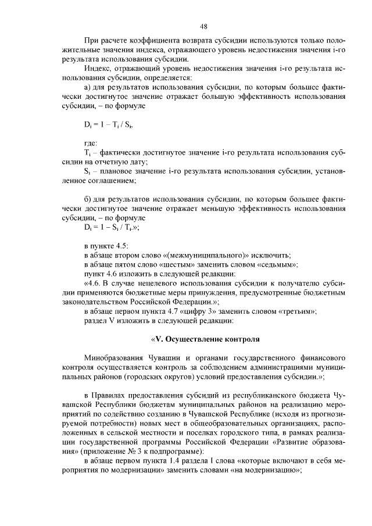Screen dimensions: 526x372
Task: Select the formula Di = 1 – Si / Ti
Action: click(112, 228)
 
